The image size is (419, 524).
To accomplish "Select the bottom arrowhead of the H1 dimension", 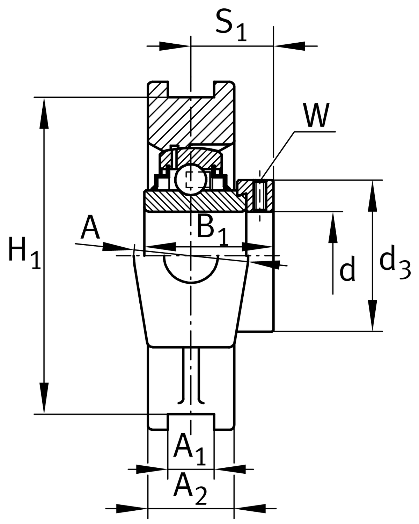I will point(44,398).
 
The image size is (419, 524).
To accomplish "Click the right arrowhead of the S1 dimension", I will point(290,46).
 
